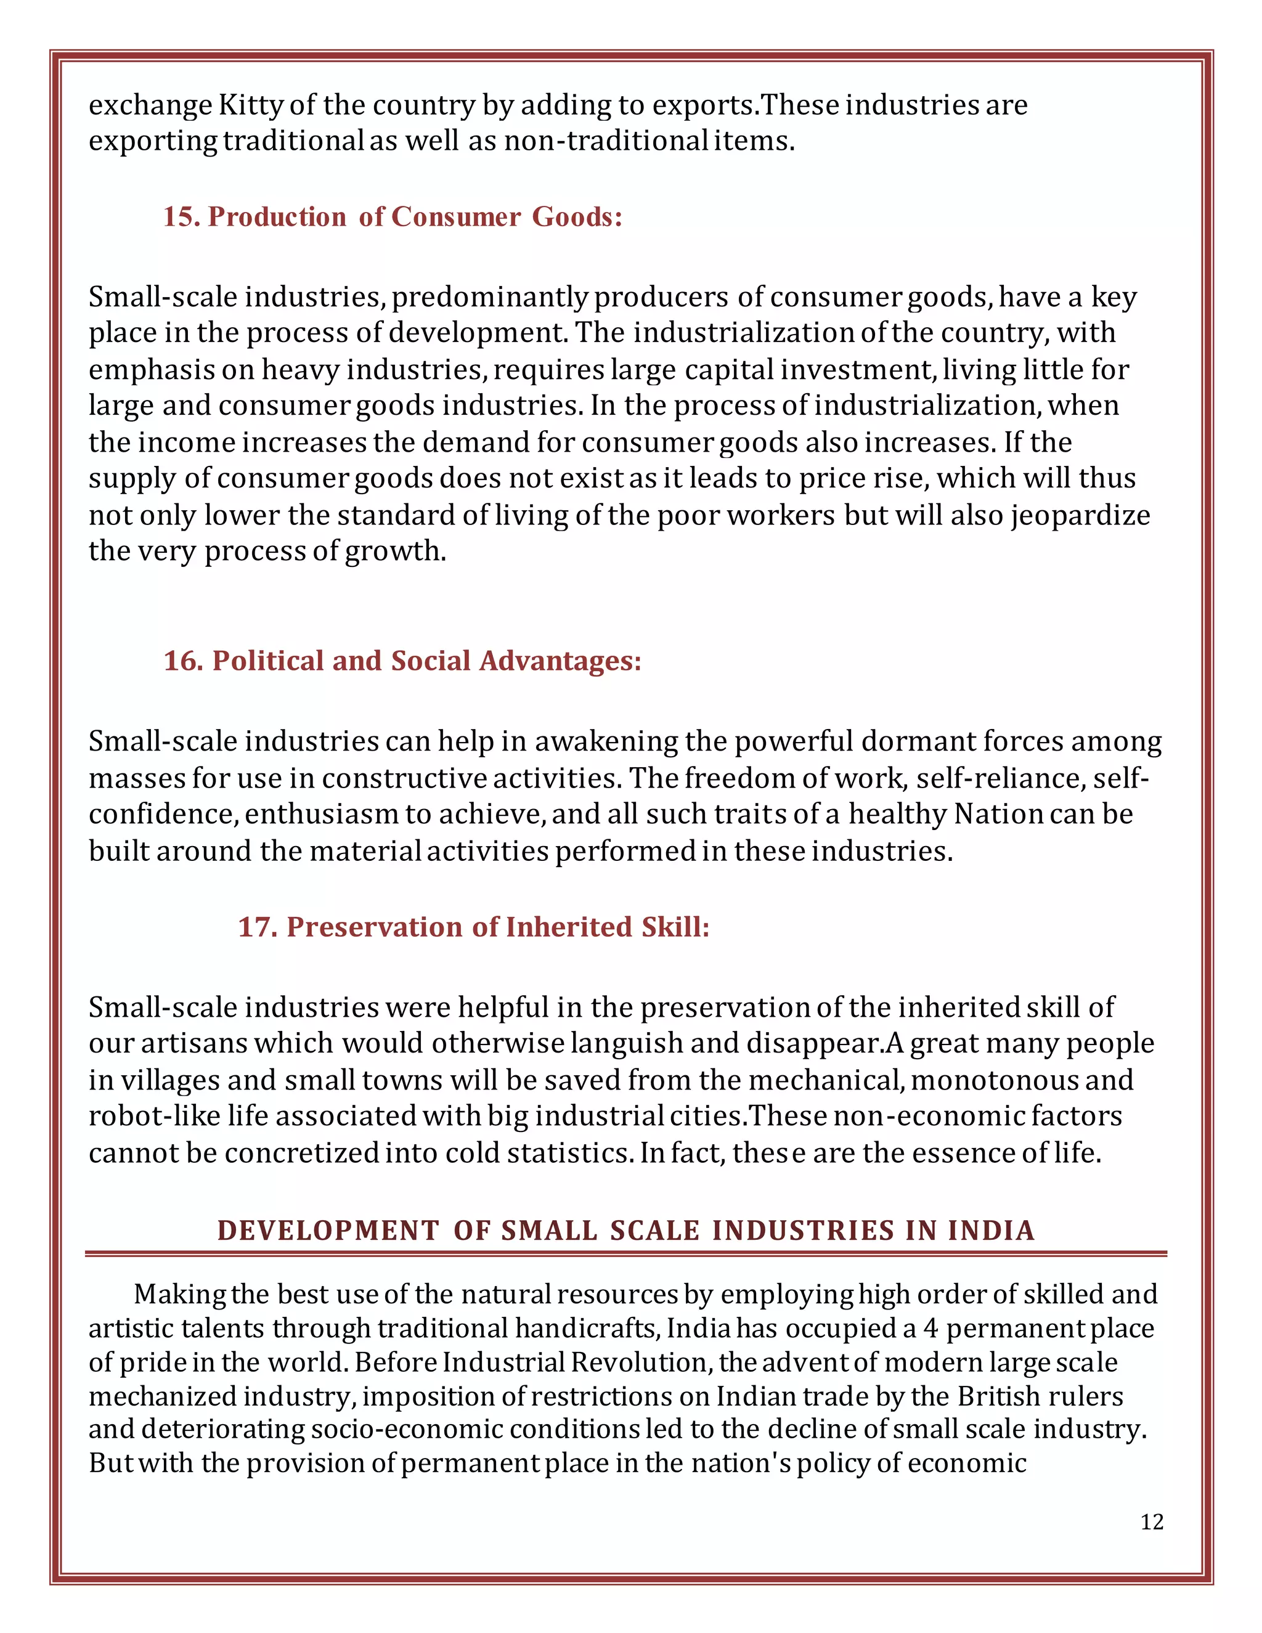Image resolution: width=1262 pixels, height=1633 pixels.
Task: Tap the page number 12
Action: click(1151, 1522)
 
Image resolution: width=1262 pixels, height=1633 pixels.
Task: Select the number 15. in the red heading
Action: click(182, 217)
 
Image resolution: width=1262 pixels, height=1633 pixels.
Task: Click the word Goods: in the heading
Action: click(577, 217)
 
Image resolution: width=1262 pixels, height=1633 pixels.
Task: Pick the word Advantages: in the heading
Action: click(560, 661)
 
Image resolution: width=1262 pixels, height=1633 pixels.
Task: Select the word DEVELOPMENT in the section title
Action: click(327, 1231)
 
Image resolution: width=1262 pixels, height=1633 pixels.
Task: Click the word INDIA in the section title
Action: click(991, 1231)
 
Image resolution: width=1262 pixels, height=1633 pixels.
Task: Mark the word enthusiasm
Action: click(322, 814)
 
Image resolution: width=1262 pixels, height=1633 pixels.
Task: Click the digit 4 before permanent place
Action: click(930, 1329)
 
